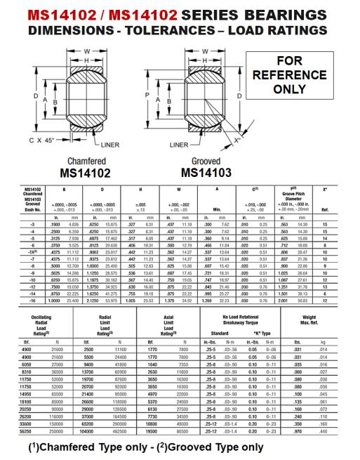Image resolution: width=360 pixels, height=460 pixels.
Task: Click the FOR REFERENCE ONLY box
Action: pyautogui.click(x=299, y=75)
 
